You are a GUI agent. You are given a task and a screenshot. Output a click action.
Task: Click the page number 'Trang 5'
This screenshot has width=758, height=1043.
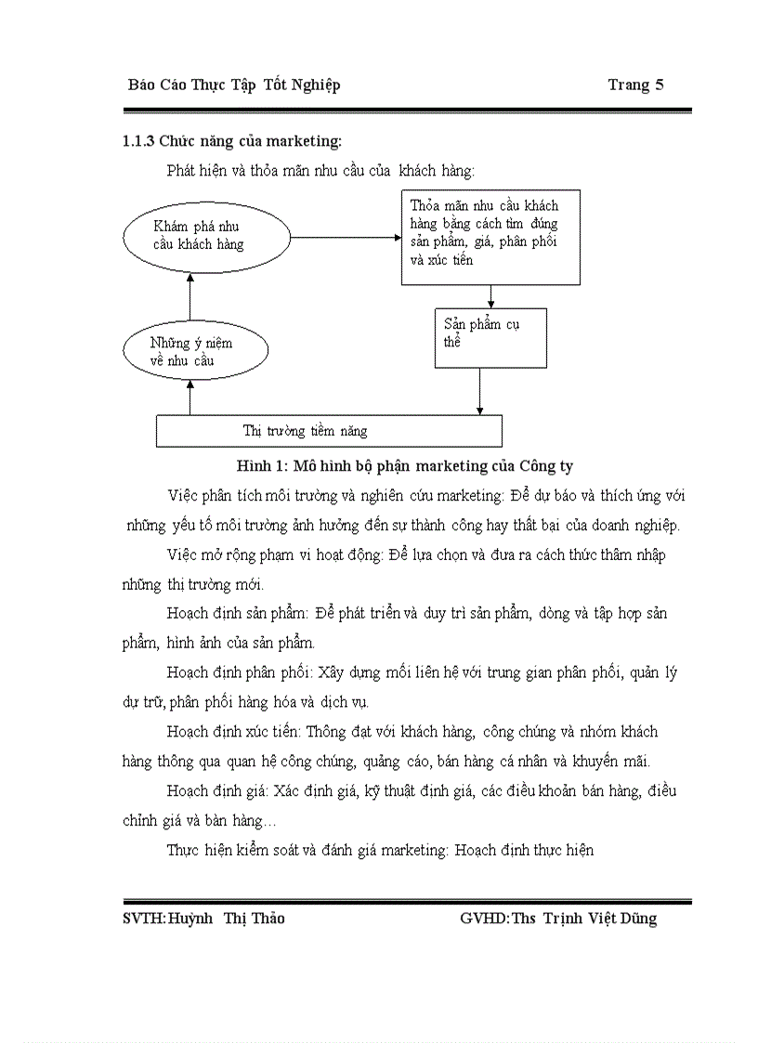635,85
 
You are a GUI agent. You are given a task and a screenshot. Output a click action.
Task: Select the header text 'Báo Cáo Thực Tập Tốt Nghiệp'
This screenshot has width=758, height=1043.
234,85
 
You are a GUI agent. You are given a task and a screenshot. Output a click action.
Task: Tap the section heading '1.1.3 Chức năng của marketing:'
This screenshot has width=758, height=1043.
232,141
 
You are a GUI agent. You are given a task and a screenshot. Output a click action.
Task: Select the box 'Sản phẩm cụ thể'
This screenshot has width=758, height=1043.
491,338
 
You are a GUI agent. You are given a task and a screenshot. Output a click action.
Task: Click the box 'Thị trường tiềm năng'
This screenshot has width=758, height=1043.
329,431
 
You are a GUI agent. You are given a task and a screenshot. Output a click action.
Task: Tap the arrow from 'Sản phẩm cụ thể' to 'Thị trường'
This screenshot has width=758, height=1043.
480,390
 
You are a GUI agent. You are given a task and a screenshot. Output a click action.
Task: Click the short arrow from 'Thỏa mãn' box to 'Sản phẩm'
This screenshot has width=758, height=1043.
490,296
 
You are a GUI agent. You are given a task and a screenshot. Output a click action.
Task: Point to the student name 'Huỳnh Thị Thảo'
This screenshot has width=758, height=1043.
227,919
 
